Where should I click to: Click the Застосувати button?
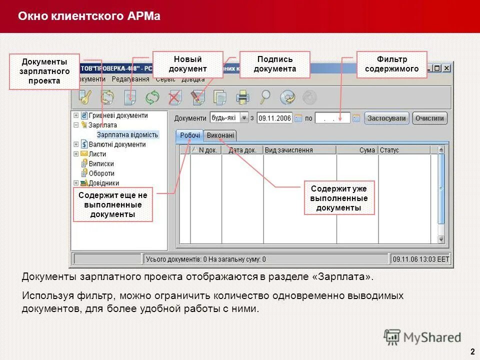point(387,118)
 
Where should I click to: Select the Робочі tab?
point(190,135)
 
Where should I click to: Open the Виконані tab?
point(220,135)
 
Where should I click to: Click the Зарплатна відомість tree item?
point(127,134)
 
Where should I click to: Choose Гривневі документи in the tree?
point(118,115)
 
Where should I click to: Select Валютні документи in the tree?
point(117,144)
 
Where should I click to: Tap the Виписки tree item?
point(101,163)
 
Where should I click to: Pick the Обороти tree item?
point(101,173)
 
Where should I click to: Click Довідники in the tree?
point(103,183)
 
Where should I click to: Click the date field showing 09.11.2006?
point(274,118)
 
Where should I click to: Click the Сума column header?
point(366,150)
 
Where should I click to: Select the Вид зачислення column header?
point(289,150)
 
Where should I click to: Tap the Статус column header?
point(389,150)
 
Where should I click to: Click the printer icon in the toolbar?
point(242,97)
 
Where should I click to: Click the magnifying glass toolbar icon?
point(265,97)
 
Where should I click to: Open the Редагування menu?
point(130,79)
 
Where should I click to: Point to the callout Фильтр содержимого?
point(391,64)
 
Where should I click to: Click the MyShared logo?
point(422,337)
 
